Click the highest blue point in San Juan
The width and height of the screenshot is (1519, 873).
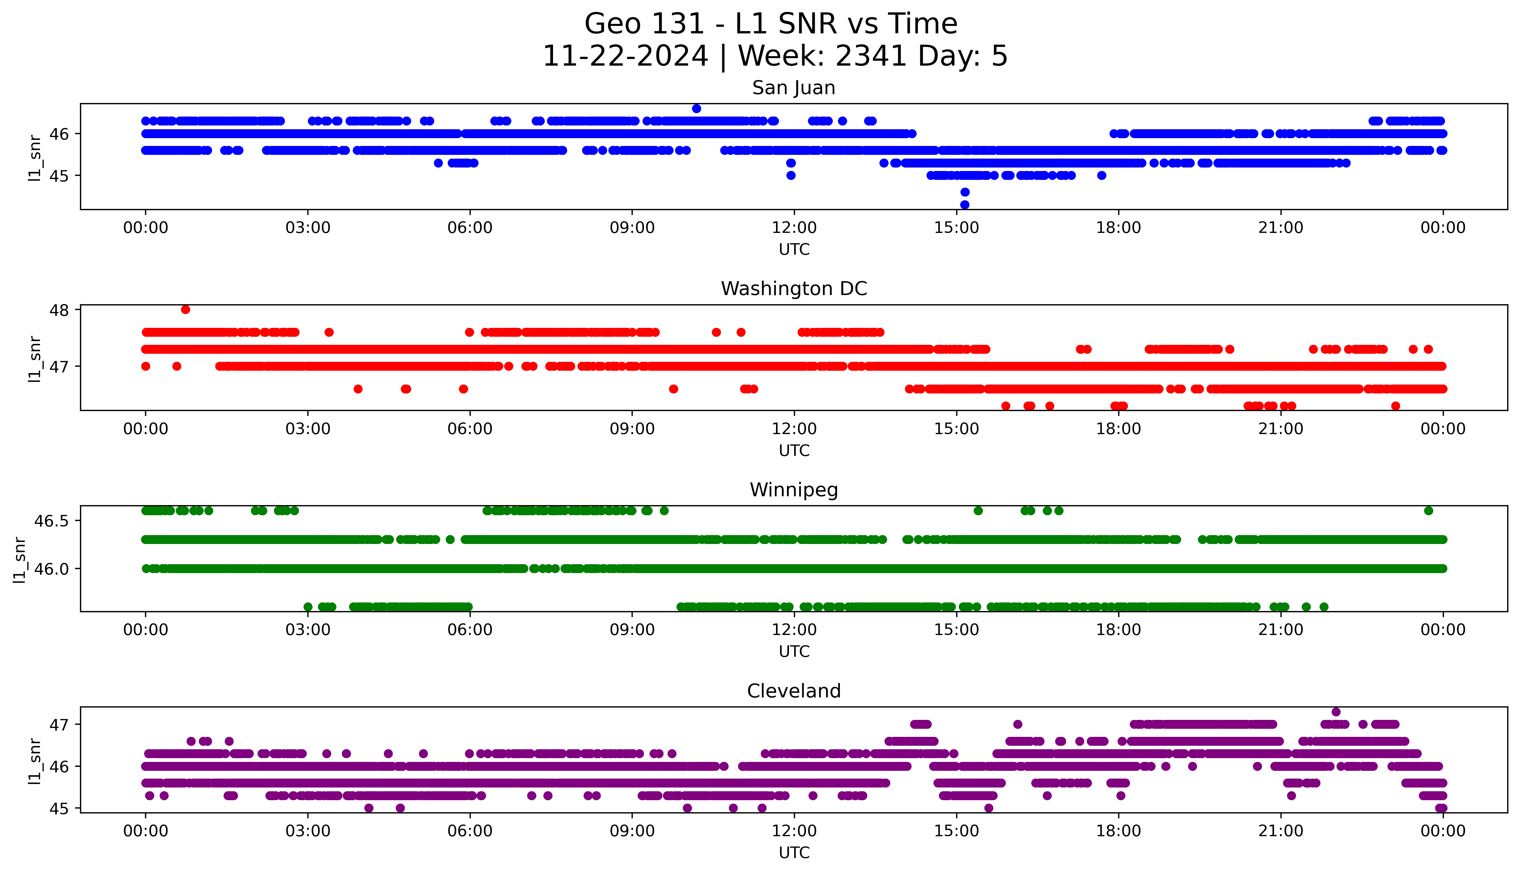click(696, 109)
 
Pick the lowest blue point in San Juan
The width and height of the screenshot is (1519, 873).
click(965, 205)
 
